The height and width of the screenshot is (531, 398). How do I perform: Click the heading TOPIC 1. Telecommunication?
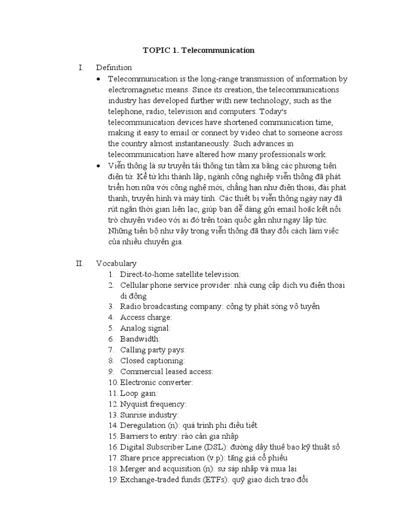point(198,50)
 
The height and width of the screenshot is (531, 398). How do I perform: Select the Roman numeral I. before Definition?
point(80,67)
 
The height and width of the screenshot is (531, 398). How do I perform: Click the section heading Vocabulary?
point(116,263)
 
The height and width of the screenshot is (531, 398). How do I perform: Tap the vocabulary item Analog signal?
point(145,328)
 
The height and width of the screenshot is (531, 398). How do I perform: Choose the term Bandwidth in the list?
point(140,339)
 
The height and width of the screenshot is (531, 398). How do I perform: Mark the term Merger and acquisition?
point(160,469)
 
